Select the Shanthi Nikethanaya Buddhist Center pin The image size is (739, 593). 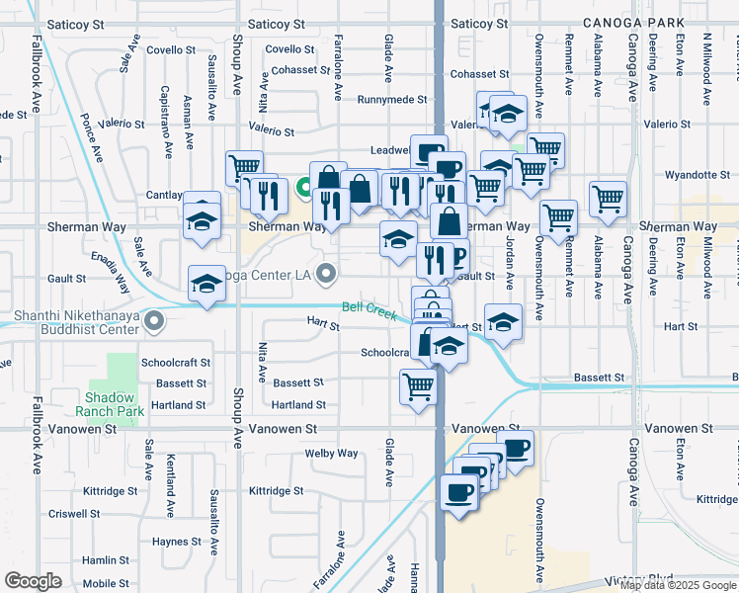coord(154,322)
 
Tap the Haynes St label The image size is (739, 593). coord(177,542)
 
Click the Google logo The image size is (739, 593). coord(33,581)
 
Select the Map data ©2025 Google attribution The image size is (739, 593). coord(678,586)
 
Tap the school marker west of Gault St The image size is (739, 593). coord(206,284)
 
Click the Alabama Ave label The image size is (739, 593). coord(598,62)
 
